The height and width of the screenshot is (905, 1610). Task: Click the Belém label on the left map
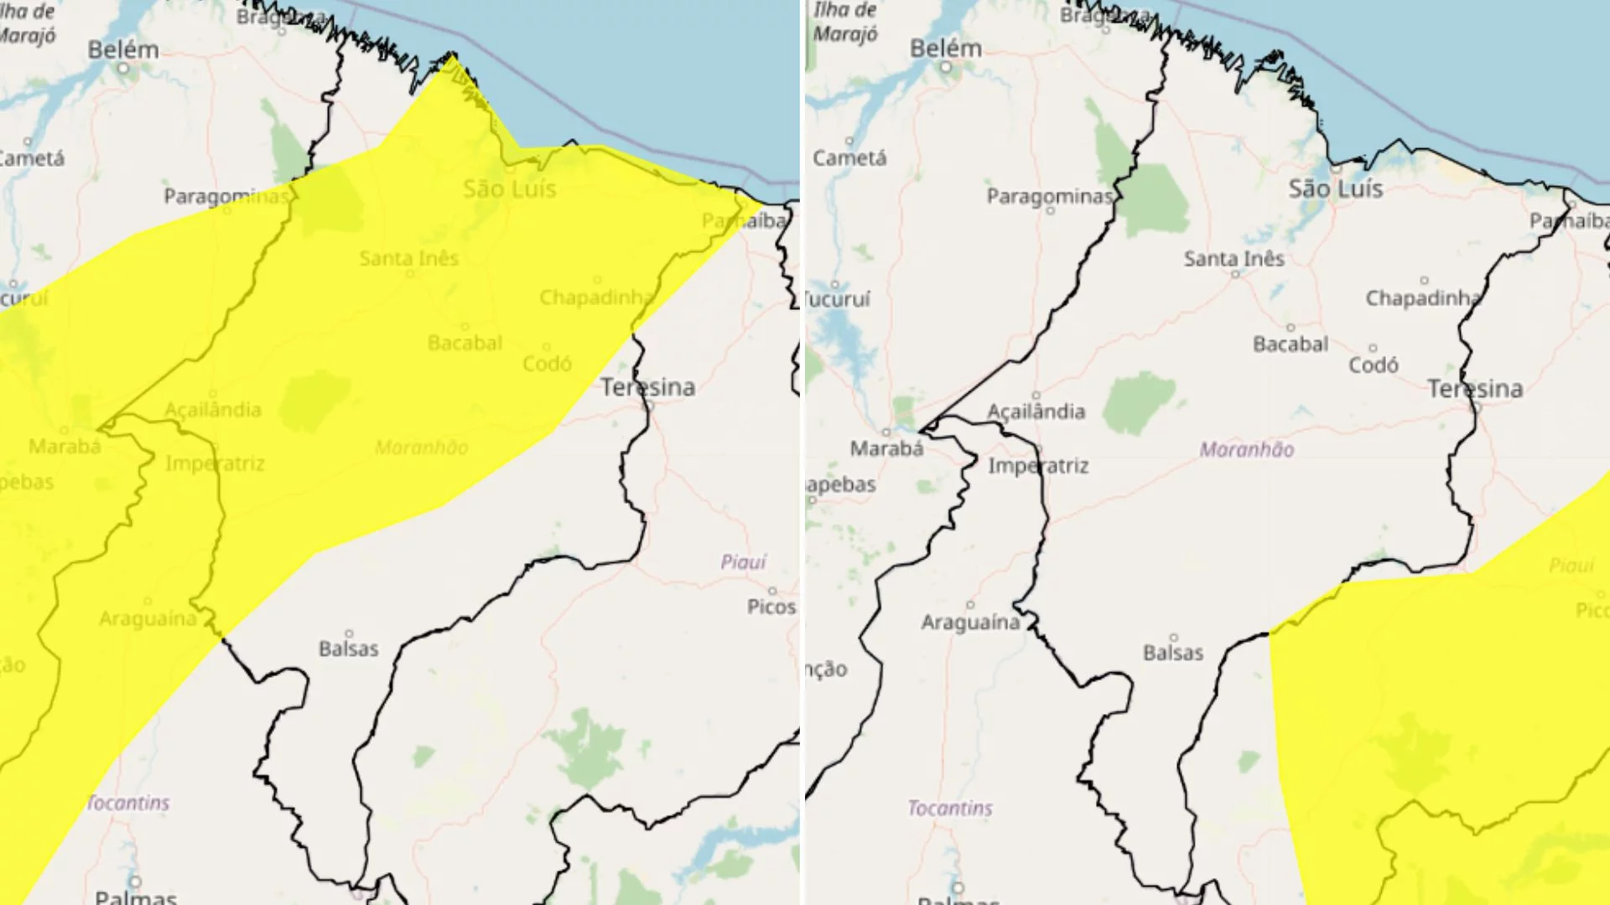123,49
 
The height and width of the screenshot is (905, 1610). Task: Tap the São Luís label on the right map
1335,189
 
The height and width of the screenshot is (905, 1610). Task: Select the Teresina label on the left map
647,387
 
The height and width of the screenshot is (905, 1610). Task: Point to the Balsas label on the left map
348,649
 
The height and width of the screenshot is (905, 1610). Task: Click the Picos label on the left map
771,607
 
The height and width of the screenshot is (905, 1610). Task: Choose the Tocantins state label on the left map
128,803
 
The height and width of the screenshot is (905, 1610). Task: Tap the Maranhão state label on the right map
1246,450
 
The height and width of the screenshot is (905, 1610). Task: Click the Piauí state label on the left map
743,561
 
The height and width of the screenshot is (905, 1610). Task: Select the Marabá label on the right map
886,449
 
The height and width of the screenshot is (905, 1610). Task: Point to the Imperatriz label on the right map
1038,466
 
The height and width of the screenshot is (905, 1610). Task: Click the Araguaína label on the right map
970,623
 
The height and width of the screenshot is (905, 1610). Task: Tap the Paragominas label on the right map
1049,196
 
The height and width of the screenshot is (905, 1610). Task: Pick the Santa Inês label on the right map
1233,259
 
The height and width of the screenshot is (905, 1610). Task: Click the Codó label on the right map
1373,365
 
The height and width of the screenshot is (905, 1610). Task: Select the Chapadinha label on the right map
1423,298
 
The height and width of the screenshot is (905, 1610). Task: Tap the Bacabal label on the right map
1291,344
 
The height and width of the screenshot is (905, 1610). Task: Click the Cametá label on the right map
849,158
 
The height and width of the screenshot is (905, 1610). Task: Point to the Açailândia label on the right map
1036,411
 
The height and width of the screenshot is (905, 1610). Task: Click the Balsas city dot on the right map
1174,638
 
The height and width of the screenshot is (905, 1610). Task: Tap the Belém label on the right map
946,49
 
